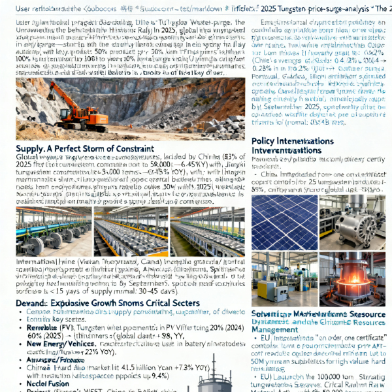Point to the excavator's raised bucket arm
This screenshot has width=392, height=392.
click(63, 90)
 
